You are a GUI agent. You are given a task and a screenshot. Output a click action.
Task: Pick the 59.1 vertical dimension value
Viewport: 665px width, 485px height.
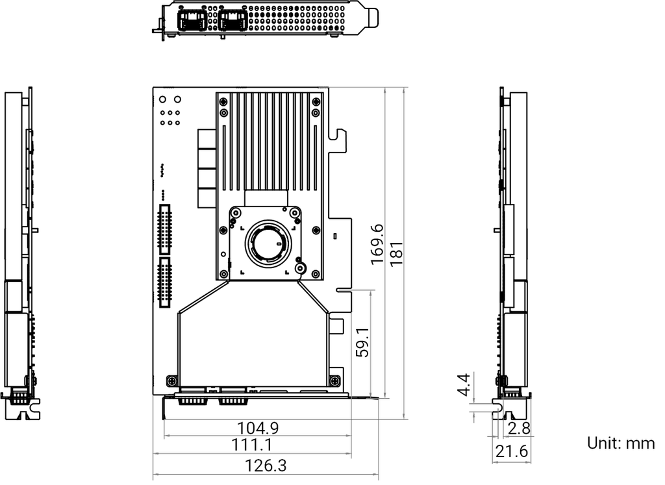click(x=364, y=343)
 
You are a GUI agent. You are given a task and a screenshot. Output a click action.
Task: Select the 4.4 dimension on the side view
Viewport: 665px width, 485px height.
click(x=462, y=384)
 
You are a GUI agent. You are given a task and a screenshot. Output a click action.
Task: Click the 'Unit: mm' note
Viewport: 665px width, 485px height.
click(x=621, y=444)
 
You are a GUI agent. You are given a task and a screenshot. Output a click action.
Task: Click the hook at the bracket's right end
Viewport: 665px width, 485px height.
click(x=374, y=18)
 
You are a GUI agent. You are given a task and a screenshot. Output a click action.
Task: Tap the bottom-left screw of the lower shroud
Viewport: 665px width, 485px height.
click(x=171, y=380)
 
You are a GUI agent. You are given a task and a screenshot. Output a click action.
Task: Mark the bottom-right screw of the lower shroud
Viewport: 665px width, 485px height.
click(x=334, y=380)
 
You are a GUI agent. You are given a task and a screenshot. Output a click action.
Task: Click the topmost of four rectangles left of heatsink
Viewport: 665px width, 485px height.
click(x=207, y=139)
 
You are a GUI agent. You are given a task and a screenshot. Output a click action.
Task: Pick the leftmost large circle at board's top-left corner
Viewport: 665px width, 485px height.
click(x=162, y=100)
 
